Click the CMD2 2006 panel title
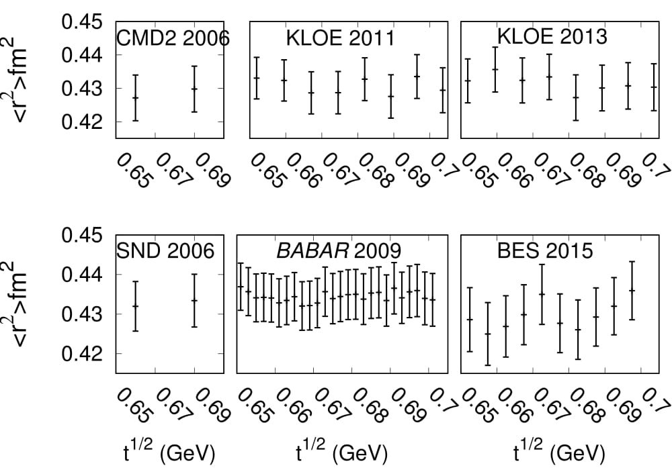(173, 39)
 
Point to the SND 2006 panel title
(165, 251)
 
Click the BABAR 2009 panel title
(339, 251)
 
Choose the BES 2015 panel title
(545, 251)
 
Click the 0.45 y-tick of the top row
(81, 23)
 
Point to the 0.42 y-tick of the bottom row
(81, 353)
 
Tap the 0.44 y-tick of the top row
(81, 56)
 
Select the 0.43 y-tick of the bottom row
(81, 314)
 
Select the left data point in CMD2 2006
(136, 98)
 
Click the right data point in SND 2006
(194, 300)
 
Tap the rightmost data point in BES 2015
(632, 290)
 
